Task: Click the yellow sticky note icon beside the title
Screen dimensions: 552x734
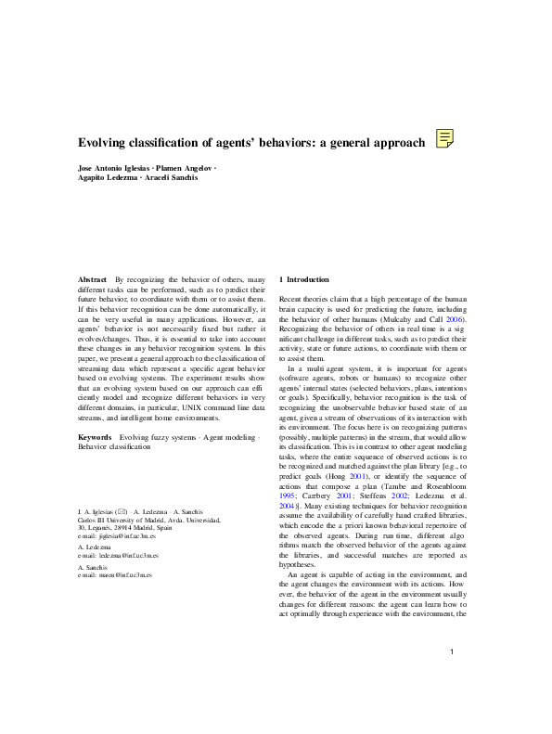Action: [444, 140]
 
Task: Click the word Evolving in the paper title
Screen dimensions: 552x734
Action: [104, 142]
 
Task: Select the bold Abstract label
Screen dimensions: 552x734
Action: [92, 279]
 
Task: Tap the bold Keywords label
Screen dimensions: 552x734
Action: [96, 435]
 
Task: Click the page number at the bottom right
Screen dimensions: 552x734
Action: [450, 652]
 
